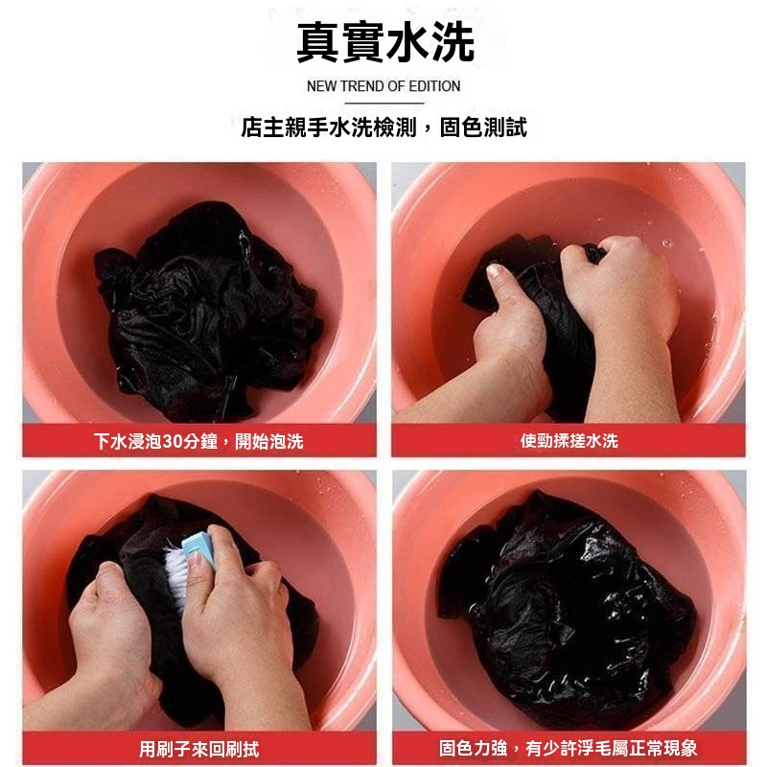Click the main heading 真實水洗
[385, 42]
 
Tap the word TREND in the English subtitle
[362, 86]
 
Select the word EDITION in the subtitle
[434, 86]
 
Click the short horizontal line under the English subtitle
[384, 104]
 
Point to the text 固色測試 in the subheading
[483, 128]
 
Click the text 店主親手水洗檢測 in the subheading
[328, 128]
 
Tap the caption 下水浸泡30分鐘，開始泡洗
[198, 441]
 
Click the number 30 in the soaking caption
[172, 441]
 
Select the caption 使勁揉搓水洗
[569, 441]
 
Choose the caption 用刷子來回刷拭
[199, 749]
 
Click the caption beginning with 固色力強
[568, 748]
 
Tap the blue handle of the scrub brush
[198, 547]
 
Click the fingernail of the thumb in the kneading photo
[494, 270]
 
